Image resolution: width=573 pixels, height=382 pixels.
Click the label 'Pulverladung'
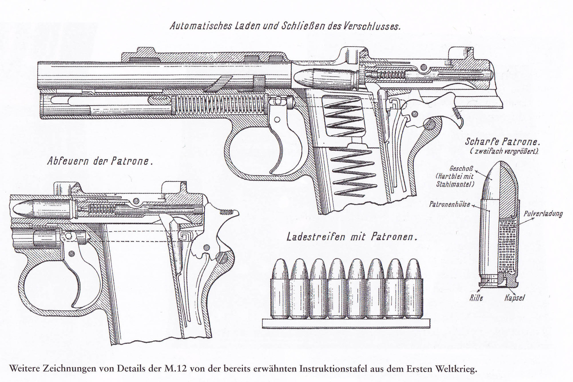[x=543, y=214]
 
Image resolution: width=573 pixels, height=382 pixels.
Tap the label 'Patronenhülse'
[x=449, y=204]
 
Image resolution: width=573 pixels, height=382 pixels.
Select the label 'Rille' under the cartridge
[x=476, y=298]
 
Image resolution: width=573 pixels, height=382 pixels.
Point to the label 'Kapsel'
[x=514, y=298]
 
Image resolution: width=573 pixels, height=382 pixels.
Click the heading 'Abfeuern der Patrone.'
[x=100, y=161]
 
